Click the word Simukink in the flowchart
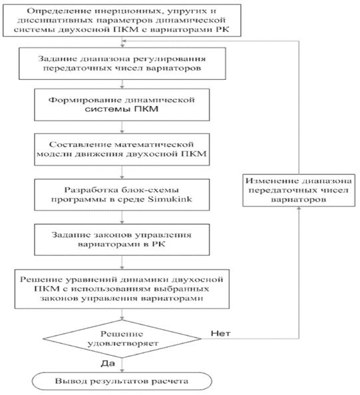(x=170, y=199)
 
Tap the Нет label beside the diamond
(x=221, y=333)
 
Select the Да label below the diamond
(x=108, y=363)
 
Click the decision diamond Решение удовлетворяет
(x=122, y=338)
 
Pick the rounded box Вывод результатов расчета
(x=122, y=381)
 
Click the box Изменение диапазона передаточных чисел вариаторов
(x=299, y=191)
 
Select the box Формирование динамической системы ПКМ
(x=122, y=105)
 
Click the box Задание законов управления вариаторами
(x=122, y=240)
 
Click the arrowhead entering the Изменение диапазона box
(x=299, y=208)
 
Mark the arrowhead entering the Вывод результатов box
(x=122, y=371)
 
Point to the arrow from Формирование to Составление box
(x=122, y=127)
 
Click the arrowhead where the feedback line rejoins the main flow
(x=123, y=41)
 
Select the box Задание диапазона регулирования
(x=122, y=63)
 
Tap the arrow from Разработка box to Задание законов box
(x=122, y=217)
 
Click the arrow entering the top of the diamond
(x=122, y=314)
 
